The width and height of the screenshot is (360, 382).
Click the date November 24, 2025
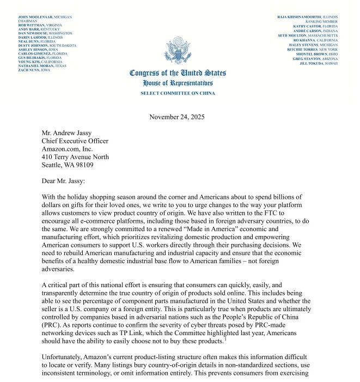178,117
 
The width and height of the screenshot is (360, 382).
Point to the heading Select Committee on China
178,93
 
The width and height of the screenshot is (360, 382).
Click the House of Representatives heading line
178,83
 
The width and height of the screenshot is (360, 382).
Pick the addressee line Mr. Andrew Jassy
67,132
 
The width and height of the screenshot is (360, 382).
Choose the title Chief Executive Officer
75,141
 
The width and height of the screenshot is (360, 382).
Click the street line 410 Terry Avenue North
79,157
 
